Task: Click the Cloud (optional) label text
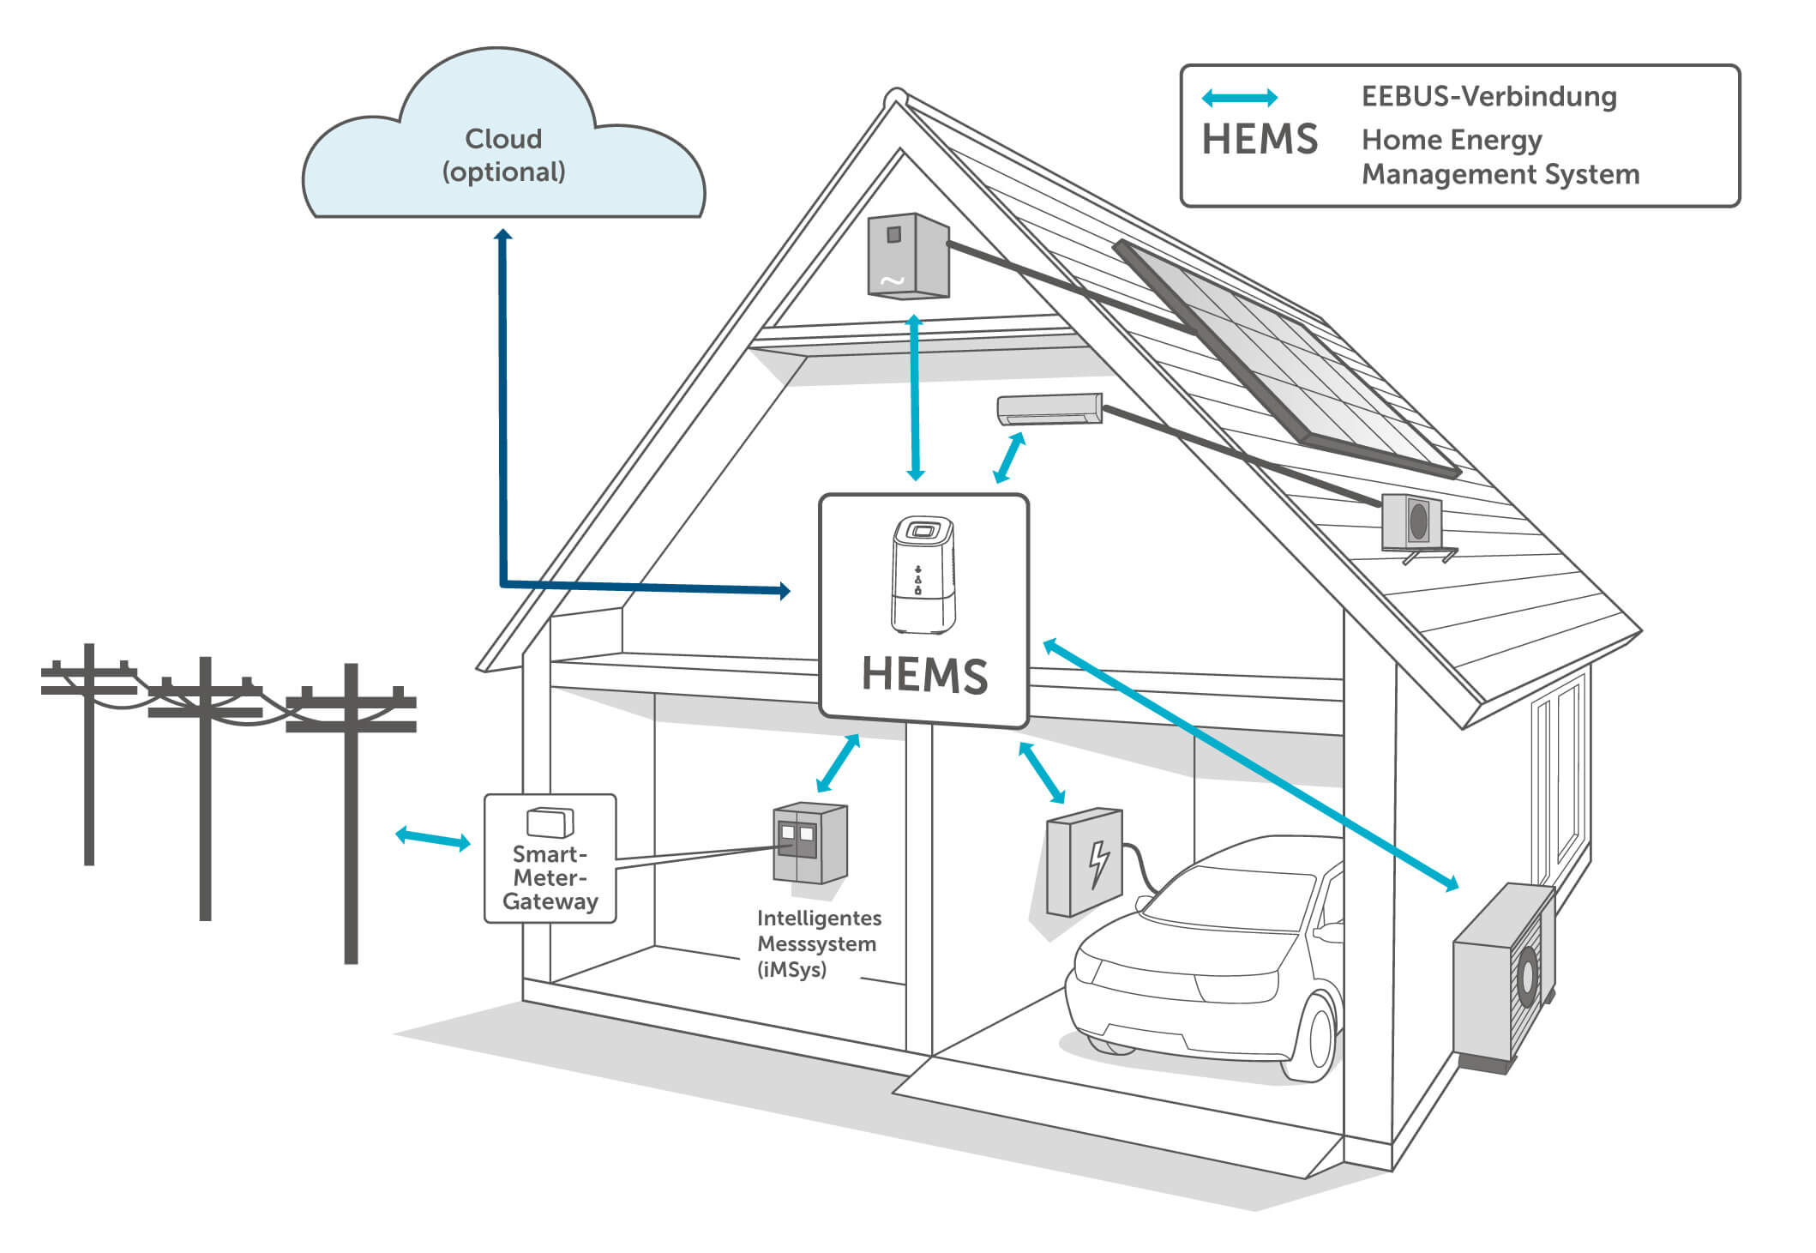click(503, 155)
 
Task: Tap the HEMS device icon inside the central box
click(923, 575)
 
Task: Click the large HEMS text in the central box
click(924, 675)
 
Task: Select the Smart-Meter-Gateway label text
click(550, 878)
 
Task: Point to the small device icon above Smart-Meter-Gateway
click(550, 822)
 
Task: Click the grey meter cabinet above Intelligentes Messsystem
click(809, 842)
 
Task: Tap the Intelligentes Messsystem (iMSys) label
click(818, 943)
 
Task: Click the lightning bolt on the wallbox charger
click(1098, 864)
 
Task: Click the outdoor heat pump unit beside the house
click(1502, 978)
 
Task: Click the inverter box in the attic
click(908, 256)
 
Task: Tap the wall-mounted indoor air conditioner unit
click(1049, 408)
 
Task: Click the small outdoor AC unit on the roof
click(1411, 521)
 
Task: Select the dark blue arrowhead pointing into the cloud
click(503, 235)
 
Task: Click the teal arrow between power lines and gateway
click(433, 838)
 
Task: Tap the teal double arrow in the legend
click(1239, 98)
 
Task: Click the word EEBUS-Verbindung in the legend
click(1488, 96)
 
